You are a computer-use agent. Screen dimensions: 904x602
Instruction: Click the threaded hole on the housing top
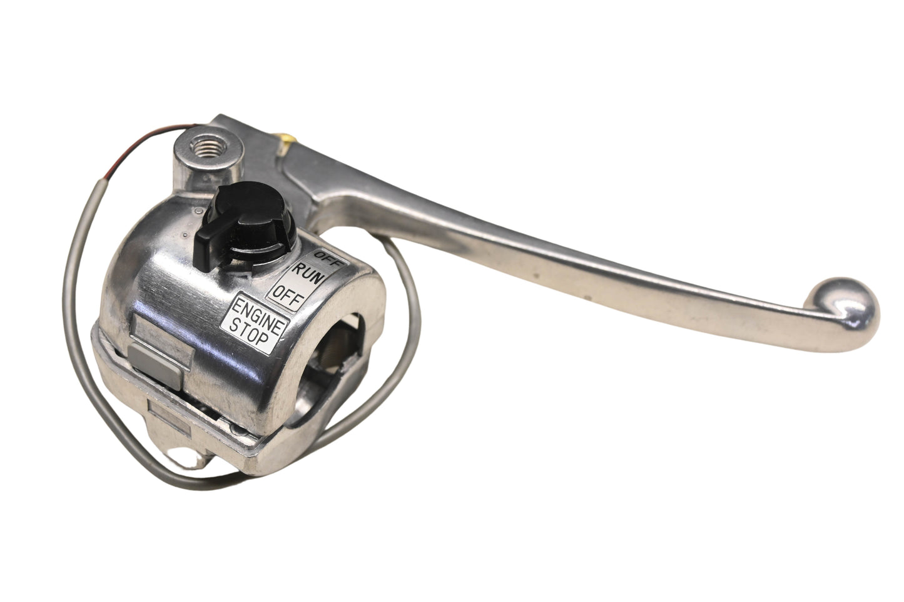point(209,147)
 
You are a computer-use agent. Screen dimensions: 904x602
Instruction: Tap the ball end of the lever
point(846,307)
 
